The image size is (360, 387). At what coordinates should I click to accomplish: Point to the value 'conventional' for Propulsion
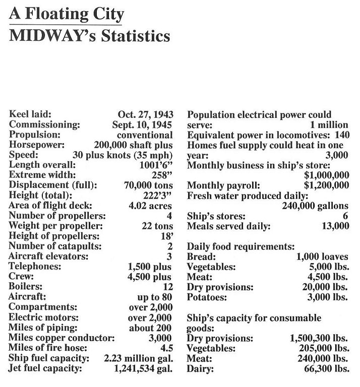coord(145,135)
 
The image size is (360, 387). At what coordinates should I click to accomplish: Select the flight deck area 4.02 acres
coord(151,205)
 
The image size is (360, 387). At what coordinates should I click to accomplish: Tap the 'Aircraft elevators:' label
coord(42,256)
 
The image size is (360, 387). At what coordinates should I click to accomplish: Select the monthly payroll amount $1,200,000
coord(326,185)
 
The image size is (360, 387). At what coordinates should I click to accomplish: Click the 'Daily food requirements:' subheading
coord(241,246)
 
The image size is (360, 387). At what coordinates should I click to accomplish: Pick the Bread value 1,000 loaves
coord(323,256)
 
